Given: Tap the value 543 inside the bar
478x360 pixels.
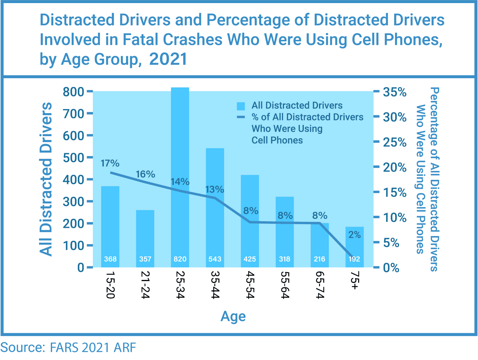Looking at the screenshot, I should pyautogui.click(x=215, y=259).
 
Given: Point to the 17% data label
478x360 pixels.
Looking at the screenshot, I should pyautogui.click(x=110, y=163).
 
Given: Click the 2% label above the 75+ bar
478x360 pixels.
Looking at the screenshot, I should pyautogui.click(x=355, y=235).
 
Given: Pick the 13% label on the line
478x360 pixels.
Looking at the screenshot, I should pyautogui.click(x=215, y=189).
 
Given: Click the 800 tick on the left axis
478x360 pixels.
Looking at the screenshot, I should pyautogui.click(x=73, y=92).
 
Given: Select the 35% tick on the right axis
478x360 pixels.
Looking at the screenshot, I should pyautogui.click(x=395, y=92).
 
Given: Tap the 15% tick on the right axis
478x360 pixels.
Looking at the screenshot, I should pyautogui.click(x=395, y=192).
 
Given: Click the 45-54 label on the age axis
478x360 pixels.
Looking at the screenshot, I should pyautogui.click(x=250, y=285).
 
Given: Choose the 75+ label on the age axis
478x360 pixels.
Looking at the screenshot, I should pyautogui.click(x=354, y=280).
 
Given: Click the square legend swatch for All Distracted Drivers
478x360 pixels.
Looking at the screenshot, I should pyautogui.click(x=241, y=106).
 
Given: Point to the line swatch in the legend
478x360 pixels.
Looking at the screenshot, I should pyautogui.click(x=241, y=117).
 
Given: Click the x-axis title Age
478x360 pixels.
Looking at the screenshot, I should pyautogui.click(x=233, y=316).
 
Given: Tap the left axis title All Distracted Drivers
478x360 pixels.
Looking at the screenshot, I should pyautogui.click(x=46, y=179).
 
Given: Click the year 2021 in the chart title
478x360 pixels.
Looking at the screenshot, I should pyautogui.click(x=168, y=59).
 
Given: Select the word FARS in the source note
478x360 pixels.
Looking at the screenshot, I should pyautogui.click(x=64, y=347).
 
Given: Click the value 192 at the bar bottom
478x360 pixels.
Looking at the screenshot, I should pyautogui.click(x=354, y=259).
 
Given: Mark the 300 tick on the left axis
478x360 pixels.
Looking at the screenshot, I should pyautogui.click(x=73, y=202).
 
